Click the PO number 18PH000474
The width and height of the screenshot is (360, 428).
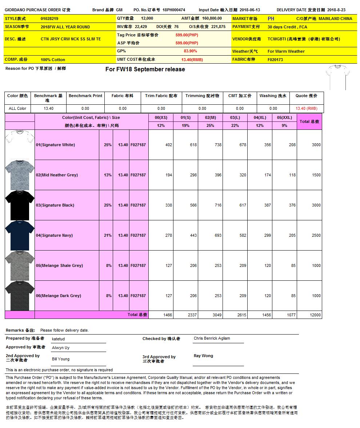(174, 10)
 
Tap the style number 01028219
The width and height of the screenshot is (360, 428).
(49, 18)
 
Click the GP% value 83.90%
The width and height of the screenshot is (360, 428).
(191, 51)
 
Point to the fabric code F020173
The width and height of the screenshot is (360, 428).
(275, 60)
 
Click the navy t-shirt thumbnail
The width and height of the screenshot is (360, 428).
(20, 235)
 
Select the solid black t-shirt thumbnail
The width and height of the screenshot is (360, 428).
(20, 205)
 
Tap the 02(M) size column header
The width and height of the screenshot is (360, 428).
(210, 117)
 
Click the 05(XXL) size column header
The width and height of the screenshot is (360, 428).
(284, 117)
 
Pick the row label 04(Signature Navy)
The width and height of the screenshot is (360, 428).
(54, 235)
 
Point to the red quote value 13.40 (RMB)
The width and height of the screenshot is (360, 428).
(306, 108)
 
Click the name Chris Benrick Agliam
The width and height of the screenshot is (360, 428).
(212, 338)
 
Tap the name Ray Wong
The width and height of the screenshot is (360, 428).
(203, 356)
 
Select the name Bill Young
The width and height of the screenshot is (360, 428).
(61, 359)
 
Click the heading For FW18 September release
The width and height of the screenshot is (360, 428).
(145, 69)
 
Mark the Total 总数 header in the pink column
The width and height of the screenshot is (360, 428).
(309, 121)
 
